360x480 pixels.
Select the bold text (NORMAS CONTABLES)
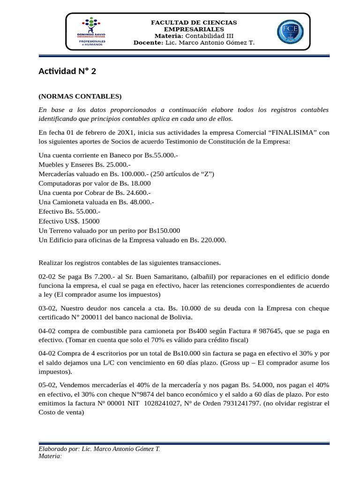click(x=80, y=97)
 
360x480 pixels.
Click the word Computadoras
click(x=60, y=183)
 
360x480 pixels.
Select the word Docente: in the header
click(x=148, y=43)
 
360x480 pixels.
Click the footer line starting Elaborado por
click(x=99, y=449)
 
